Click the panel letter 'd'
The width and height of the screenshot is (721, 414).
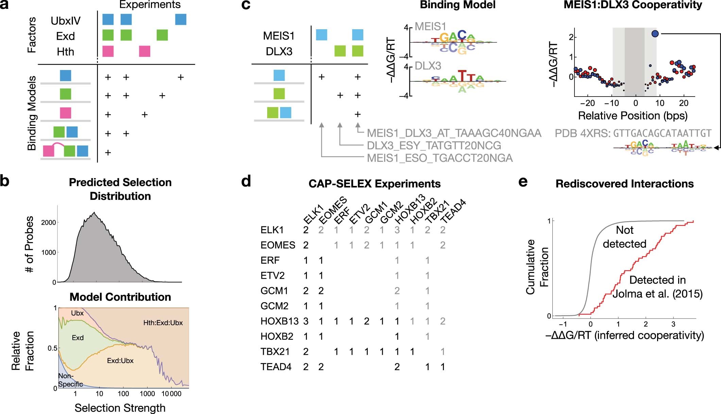[x=246, y=182]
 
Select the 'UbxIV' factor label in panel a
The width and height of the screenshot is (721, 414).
[x=66, y=21]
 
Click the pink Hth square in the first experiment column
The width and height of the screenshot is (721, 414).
[x=108, y=51]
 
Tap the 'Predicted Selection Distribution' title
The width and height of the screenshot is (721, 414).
[x=120, y=189]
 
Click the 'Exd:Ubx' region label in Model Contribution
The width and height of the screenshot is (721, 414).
[x=120, y=361]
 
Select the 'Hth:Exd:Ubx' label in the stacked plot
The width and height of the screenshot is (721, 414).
[x=163, y=323]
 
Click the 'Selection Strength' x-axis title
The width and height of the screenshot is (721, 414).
[x=120, y=408]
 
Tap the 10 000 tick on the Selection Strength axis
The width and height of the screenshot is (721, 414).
[x=171, y=394]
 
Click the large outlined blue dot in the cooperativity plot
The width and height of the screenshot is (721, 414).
[x=655, y=34]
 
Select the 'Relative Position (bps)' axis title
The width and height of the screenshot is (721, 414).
[x=633, y=116]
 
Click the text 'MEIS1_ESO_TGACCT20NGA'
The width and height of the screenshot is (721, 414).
[x=440, y=158]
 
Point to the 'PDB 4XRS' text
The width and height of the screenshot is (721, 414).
[x=582, y=133]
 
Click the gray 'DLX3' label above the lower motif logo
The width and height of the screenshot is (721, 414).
[x=428, y=66]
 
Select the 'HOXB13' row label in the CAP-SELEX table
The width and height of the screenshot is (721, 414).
[x=279, y=321]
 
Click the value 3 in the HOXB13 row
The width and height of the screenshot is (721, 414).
[x=306, y=321]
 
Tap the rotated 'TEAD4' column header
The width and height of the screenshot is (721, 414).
[x=453, y=211]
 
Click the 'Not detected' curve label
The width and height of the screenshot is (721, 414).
[x=624, y=237]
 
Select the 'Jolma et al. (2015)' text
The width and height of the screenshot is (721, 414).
[x=657, y=294]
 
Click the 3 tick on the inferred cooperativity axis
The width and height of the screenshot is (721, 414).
[x=673, y=324]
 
